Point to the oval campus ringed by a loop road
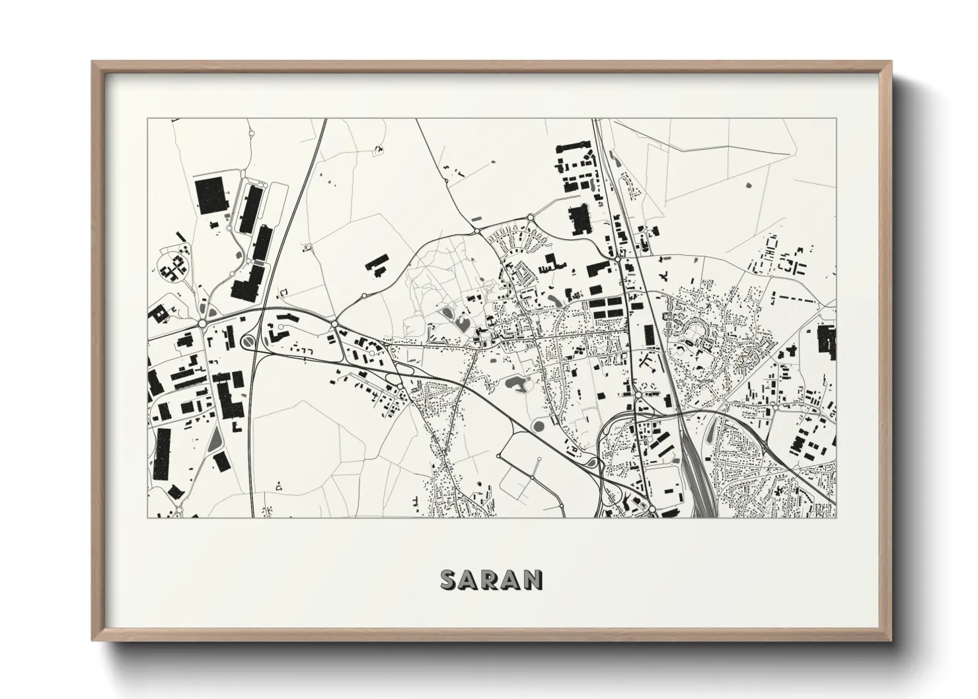point(172,269)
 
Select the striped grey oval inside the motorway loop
point(248,341)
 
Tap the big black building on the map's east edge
point(826,341)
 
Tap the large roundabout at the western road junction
point(201,323)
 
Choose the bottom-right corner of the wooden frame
point(891,639)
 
